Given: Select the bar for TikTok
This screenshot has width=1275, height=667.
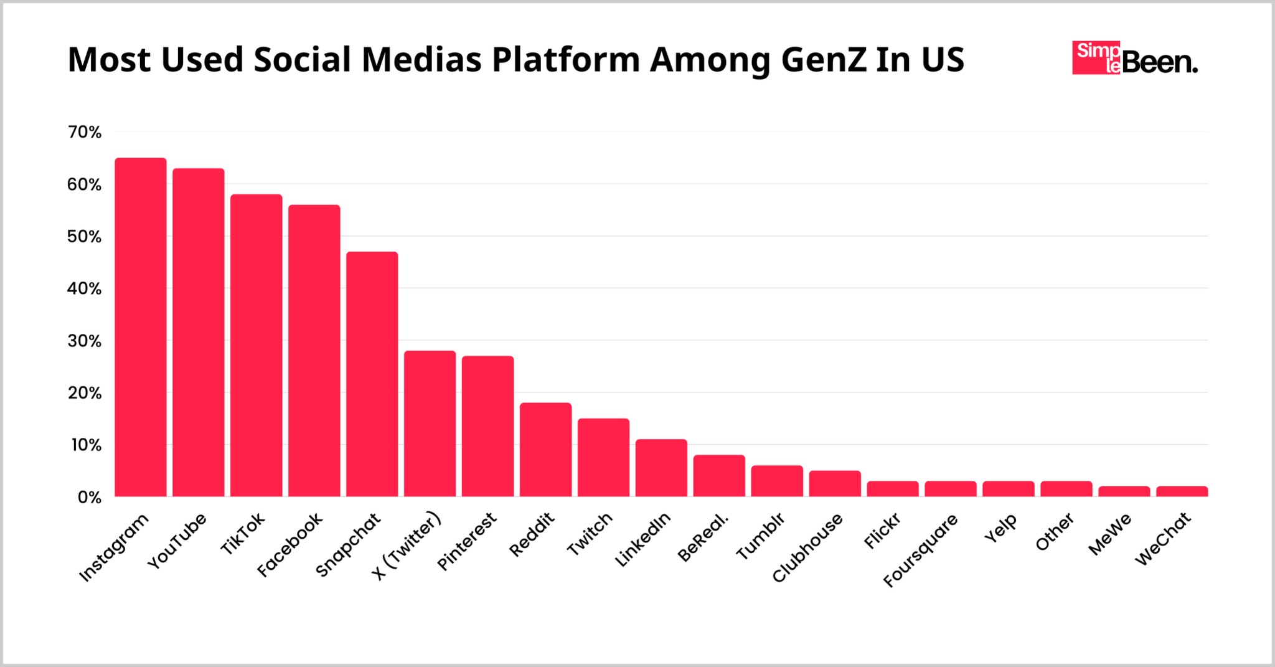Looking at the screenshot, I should pyautogui.click(x=256, y=346).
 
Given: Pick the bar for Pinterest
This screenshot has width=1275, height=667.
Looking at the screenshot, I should pyautogui.click(x=488, y=426).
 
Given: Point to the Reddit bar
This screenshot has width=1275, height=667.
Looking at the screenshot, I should pyautogui.click(x=546, y=450).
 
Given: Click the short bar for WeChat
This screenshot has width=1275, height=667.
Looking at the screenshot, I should pyautogui.click(x=1182, y=491).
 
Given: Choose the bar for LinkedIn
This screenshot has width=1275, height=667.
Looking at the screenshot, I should pyautogui.click(x=661, y=468).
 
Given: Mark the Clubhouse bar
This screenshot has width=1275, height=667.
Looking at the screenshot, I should pyautogui.click(x=835, y=483).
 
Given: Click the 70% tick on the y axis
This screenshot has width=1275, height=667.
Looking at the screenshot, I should pyautogui.click(x=85, y=132).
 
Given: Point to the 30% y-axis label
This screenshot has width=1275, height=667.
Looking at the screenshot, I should pyautogui.click(x=85, y=341).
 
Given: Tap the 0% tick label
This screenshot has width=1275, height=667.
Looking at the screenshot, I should pyautogui.click(x=89, y=497).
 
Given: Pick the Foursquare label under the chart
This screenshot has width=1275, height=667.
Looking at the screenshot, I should pyautogui.click(x=921, y=551).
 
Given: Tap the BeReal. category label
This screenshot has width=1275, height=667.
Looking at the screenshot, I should pyautogui.click(x=703, y=537).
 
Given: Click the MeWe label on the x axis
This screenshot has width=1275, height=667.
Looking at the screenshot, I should pyautogui.click(x=1110, y=534).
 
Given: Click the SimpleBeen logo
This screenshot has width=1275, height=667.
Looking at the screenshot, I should pyautogui.click(x=1134, y=58).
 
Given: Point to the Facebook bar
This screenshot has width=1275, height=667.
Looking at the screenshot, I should pyautogui.click(x=314, y=351).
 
